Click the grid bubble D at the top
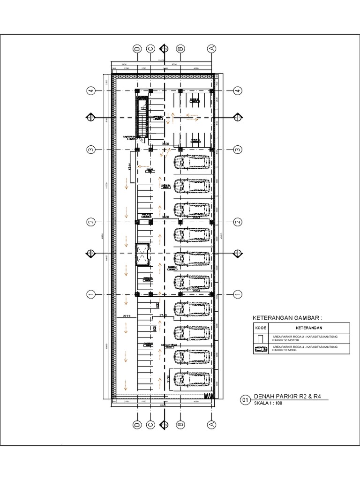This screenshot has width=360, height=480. [x=137, y=48]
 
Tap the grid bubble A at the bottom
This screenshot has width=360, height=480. [x=211, y=424]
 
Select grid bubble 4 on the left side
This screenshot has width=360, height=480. [x=91, y=90]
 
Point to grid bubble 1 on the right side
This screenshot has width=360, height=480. [x=238, y=294]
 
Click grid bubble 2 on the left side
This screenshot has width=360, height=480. [x=91, y=222]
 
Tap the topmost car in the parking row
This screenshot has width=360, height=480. [x=192, y=163]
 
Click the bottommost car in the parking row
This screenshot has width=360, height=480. [x=192, y=380]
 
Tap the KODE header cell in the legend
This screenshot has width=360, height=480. [x=260, y=328]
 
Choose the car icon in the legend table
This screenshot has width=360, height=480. [x=260, y=349]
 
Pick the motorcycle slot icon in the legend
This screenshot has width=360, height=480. [x=260, y=338]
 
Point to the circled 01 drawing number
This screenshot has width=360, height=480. [x=245, y=400]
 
